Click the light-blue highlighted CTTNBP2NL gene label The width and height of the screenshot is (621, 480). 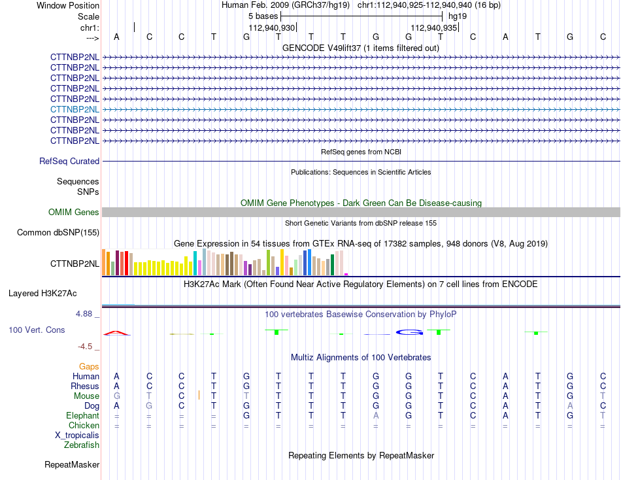(x=75, y=109)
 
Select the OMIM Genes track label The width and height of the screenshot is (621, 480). (x=74, y=212)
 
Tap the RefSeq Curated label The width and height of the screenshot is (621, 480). (x=69, y=161)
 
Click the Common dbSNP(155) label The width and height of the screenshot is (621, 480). (x=58, y=232)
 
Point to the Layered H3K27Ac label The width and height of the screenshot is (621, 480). (x=42, y=294)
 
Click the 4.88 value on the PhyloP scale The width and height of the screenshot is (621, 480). (x=84, y=314)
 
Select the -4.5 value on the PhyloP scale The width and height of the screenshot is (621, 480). (x=85, y=347)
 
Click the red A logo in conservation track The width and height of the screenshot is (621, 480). (x=116, y=334)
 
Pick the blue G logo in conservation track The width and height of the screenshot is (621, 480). (x=409, y=332)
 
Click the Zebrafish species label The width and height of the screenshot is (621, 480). (x=82, y=445)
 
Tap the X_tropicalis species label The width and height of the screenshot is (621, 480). (x=77, y=436)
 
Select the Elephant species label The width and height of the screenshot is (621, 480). (x=83, y=415)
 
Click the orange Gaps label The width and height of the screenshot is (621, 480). (x=89, y=367)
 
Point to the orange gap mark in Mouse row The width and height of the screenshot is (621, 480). (x=199, y=395)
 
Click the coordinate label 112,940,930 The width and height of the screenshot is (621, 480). (x=272, y=27)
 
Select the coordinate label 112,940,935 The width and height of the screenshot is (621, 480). (x=433, y=27)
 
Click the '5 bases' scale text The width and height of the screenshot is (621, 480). (x=263, y=16)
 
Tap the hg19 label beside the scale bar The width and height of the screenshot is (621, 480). (x=458, y=16)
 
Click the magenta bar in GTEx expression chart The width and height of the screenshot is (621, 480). (x=346, y=274)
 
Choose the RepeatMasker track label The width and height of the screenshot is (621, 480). (x=72, y=464)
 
